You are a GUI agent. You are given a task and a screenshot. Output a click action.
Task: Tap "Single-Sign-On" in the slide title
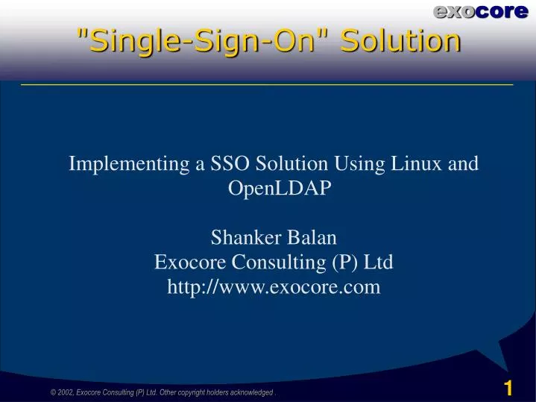click(x=203, y=40)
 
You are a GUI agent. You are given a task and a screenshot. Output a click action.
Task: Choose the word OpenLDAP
click(x=273, y=188)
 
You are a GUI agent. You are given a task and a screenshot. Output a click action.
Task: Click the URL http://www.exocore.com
click(x=273, y=287)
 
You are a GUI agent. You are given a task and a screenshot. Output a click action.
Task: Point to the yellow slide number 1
click(x=508, y=388)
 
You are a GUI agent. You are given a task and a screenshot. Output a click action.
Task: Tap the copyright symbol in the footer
click(x=52, y=392)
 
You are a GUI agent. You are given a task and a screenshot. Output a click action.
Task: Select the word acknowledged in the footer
click(x=247, y=392)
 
